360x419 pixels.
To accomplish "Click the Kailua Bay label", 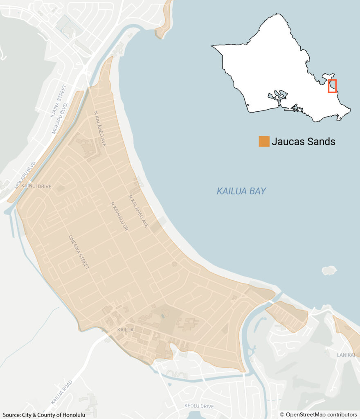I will pyautogui.click(x=241, y=191).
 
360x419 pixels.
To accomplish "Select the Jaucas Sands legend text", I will pyautogui.click(x=303, y=142).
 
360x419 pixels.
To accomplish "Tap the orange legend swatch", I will pyautogui.click(x=264, y=142).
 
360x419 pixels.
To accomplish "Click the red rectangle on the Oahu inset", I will pyautogui.click(x=332, y=86).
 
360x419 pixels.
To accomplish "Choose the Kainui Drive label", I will pyautogui.click(x=37, y=186).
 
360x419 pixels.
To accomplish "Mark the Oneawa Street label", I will pyautogui.click(x=79, y=252).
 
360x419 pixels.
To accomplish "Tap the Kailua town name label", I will pyautogui.click(x=125, y=329).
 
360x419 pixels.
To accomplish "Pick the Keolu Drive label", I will pyautogui.click(x=199, y=406).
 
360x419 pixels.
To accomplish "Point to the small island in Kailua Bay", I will pyautogui.click(x=329, y=270).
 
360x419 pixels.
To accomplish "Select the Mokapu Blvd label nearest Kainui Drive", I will pyautogui.click(x=25, y=175).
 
